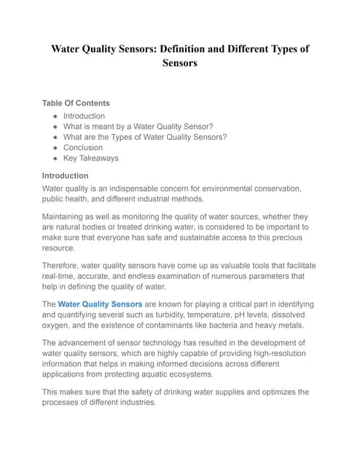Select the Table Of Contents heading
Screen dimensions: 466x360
(76, 103)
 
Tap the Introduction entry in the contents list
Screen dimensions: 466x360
(84, 116)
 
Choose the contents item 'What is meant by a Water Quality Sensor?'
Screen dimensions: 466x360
(138, 126)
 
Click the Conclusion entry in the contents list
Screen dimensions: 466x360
(83, 147)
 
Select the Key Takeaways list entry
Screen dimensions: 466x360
(90, 158)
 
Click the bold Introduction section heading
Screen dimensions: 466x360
(65, 175)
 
